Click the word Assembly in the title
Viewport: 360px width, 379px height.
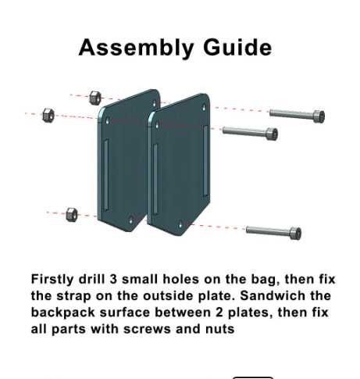pyautogui.click(x=136, y=48)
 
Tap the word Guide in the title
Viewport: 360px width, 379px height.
pyautogui.click(x=237, y=47)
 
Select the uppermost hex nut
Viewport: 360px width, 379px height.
pyautogui.click(x=95, y=98)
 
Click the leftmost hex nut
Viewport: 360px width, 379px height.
pyautogui.click(x=48, y=115)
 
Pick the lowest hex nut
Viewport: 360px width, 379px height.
pyautogui.click(x=72, y=215)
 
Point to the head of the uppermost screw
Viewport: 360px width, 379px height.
pyautogui.click(x=319, y=116)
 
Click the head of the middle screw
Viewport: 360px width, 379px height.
pyautogui.click(x=272, y=134)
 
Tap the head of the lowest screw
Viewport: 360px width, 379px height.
pyautogui.click(x=295, y=233)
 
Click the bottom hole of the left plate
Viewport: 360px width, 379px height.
pyautogui.click(x=131, y=221)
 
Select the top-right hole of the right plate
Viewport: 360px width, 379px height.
pyautogui.click(x=204, y=107)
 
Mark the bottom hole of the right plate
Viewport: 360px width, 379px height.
pyautogui.click(x=180, y=225)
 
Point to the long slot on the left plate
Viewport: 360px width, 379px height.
pyautogui.click(x=106, y=174)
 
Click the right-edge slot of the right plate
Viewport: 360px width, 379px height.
pyautogui.click(x=205, y=161)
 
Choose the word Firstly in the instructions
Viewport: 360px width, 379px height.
pyautogui.click(x=52, y=280)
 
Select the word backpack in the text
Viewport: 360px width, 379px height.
pyautogui.click(x=63, y=313)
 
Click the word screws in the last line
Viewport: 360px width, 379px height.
pyautogui.click(x=147, y=329)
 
